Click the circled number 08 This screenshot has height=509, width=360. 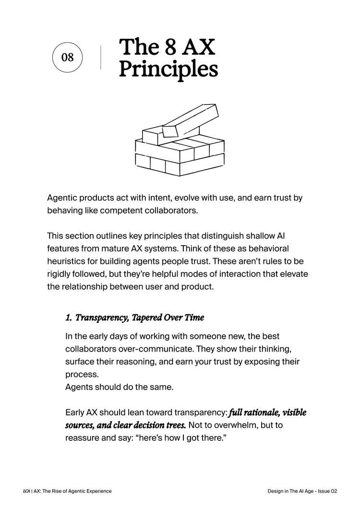[x=68, y=58]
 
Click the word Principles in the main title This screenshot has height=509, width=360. [x=168, y=69]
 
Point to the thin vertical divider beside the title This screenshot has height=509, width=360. [x=101, y=58]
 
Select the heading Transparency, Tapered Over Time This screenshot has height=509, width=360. [x=140, y=318]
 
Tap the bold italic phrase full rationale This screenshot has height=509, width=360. [x=254, y=413]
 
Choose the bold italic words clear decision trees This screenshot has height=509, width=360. [x=149, y=425]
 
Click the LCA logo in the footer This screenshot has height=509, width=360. [x=26, y=491]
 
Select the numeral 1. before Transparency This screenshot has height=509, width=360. [x=69, y=318]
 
